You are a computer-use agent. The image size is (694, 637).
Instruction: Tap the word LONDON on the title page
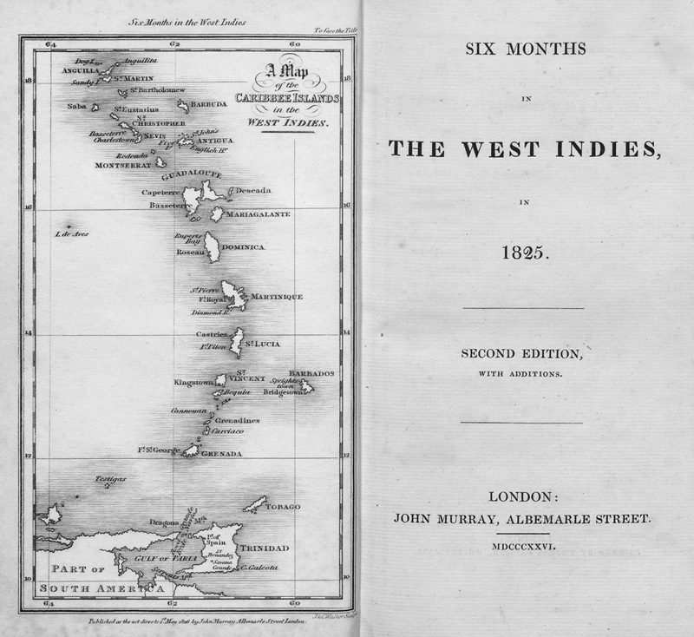523,496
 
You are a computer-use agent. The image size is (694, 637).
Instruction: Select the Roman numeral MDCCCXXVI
523,547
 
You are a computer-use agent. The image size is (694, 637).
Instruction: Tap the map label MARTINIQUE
277,297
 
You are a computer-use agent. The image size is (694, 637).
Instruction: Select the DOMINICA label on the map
243,247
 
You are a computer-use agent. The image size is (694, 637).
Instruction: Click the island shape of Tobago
254,504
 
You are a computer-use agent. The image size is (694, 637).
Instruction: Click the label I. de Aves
71,233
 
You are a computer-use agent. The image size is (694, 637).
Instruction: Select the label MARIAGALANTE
257,213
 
